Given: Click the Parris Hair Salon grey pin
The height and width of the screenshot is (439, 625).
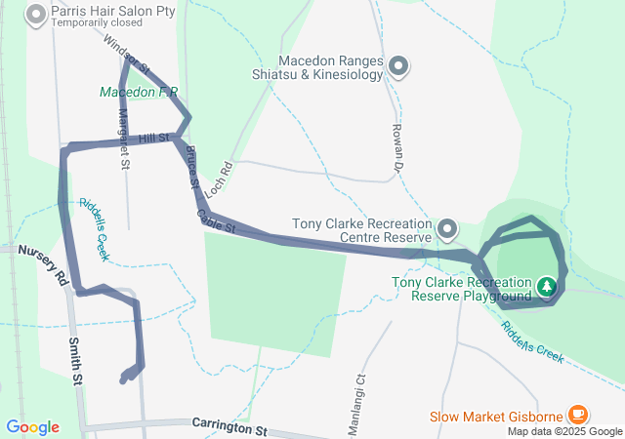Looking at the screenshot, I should pos(36,15).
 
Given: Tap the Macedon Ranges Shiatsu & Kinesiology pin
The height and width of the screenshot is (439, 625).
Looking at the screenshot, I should pos(398,66).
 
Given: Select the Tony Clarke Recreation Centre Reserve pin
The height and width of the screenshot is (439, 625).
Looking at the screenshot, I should pos(448,229).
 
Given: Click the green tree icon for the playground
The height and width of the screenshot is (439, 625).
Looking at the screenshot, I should pos(548,286).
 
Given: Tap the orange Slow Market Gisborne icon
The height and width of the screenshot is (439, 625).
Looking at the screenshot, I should pos(577,416).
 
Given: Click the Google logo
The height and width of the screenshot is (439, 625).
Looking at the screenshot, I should pos(32,426).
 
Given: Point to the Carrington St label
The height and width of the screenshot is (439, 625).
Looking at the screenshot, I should pos(229,428).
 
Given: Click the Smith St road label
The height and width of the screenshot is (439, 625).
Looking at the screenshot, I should pos(75,361).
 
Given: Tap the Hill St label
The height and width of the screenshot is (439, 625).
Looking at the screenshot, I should pos(154,139).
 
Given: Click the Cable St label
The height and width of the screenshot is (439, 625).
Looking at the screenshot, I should pos(217,221).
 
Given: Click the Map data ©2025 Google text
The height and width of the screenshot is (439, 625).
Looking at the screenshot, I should pos(562,431).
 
